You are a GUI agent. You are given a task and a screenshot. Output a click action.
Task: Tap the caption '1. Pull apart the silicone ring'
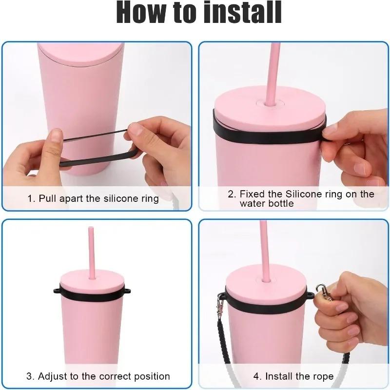point(93,198)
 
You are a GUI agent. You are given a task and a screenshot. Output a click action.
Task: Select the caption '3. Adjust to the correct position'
point(97,376)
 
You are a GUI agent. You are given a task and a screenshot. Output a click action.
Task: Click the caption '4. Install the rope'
point(293,376)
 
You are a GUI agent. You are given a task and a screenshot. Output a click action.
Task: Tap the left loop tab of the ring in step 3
point(57,291)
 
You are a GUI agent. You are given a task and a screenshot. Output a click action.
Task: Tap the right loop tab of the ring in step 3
point(128,291)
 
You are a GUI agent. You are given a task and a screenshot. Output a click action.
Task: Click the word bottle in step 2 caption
point(281,203)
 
